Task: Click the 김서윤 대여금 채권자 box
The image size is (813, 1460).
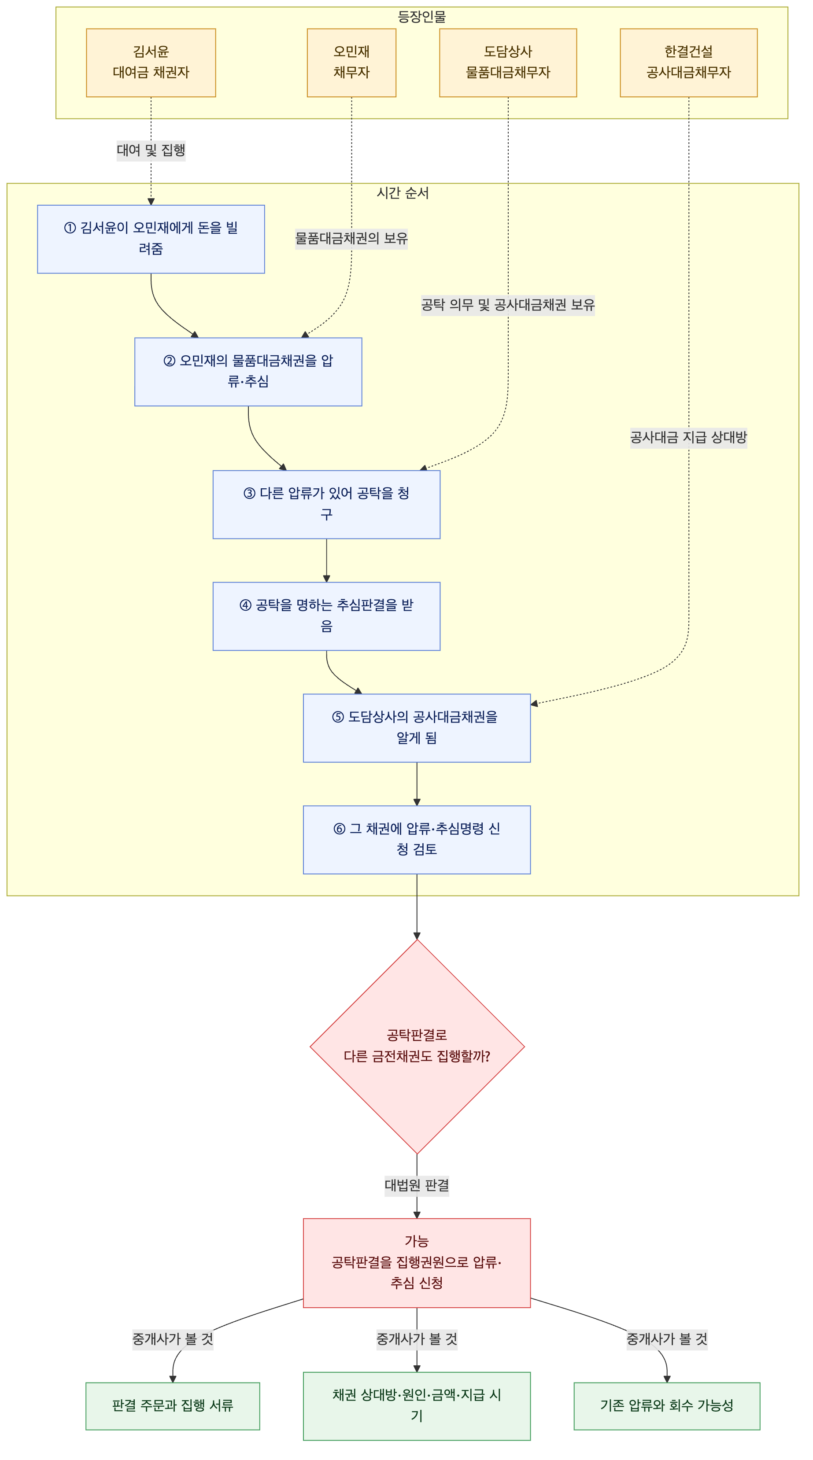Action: pyautogui.click(x=151, y=63)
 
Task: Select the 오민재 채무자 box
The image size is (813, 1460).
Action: pyautogui.click(x=351, y=63)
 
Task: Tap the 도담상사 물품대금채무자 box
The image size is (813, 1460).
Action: pyautogui.click(x=508, y=63)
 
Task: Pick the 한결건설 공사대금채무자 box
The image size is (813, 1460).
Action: pyautogui.click(x=689, y=63)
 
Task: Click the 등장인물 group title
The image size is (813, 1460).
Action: pyautogui.click(x=422, y=16)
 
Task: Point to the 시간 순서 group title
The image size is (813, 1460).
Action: pyautogui.click(x=403, y=193)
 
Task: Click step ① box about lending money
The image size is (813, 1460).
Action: pyautogui.click(x=151, y=239)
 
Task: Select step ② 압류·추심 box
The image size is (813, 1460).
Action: pyautogui.click(x=248, y=372)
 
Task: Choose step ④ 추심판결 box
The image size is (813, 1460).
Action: pyautogui.click(x=326, y=616)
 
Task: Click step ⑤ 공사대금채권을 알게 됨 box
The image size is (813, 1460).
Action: pyautogui.click(x=417, y=728)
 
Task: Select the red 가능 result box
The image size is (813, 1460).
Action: pyautogui.click(x=417, y=1263)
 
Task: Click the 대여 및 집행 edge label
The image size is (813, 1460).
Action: pyautogui.click(x=151, y=150)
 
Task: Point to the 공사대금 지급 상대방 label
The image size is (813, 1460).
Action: pyautogui.click(x=689, y=437)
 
